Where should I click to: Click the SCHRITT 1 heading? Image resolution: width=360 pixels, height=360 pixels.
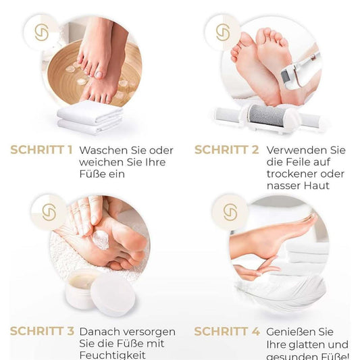pos(41,149)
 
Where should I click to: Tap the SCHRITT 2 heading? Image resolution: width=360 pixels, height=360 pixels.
pos(226,149)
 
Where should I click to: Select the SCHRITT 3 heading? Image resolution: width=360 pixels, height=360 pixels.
pos(41,332)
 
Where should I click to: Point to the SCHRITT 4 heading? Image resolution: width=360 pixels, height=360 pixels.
pos(226,332)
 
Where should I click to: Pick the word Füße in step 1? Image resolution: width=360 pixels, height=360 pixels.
pos(93,174)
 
